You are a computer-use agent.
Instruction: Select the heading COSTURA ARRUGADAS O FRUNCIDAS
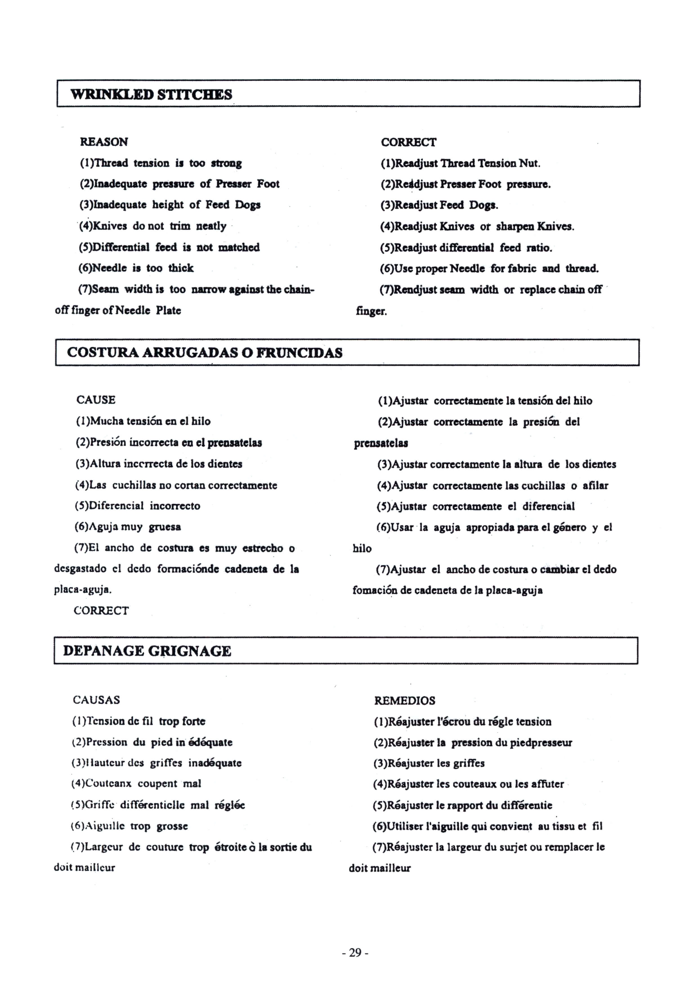click(x=205, y=353)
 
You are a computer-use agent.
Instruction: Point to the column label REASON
click(x=104, y=142)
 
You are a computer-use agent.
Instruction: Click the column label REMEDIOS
click(x=404, y=701)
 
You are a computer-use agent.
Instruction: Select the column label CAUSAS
click(x=96, y=700)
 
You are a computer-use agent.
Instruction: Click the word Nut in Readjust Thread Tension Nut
click(x=529, y=163)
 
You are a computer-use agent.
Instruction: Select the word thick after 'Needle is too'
click(x=181, y=268)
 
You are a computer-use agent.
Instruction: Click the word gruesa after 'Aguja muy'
click(x=165, y=527)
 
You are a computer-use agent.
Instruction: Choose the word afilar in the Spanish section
click(x=595, y=485)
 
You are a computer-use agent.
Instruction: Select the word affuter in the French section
click(x=547, y=784)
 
